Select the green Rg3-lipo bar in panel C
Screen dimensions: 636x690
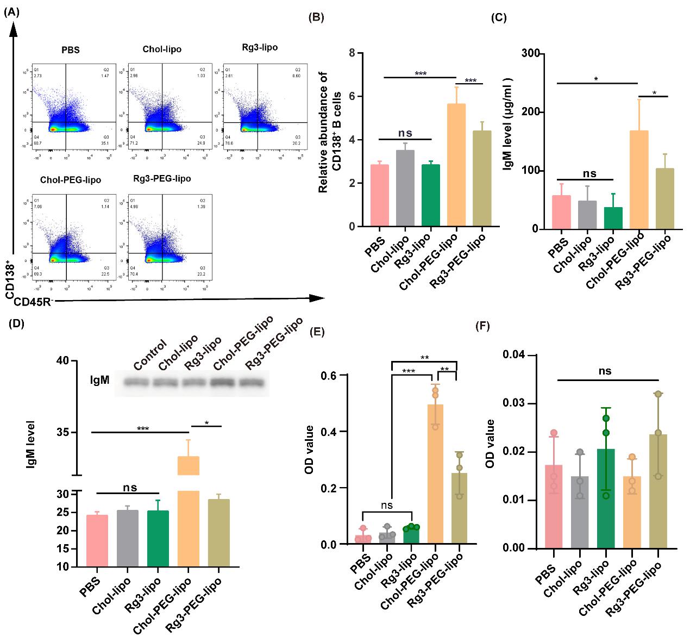pyautogui.click(x=613, y=218)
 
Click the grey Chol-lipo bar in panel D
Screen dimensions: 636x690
pyautogui.click(x=128, y=538)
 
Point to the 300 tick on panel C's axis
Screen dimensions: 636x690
pyautogui.click(x=531, y=53)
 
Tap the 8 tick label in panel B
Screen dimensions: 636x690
pyautogui.click(x=352, y=53)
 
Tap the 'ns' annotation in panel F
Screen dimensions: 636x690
pyautogui.click(x=605, y=371)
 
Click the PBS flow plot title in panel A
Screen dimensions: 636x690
pyautogui.click(x=71, y=50)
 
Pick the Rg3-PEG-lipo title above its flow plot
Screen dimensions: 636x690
pyautogui.click(x=162, y=178)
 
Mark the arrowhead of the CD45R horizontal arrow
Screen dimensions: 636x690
pyautogui.click(x=317, y=297)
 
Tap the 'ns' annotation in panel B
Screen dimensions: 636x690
pyautogui.click(x=405, y=133)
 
